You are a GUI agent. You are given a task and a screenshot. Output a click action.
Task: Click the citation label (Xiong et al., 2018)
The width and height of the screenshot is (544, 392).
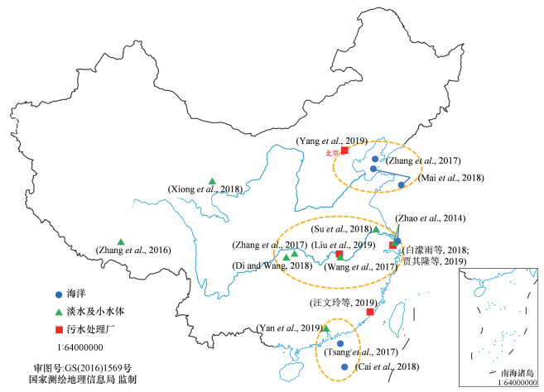tap(205, 189)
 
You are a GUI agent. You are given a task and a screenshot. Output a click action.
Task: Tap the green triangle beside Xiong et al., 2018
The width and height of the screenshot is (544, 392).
tap(213, 181)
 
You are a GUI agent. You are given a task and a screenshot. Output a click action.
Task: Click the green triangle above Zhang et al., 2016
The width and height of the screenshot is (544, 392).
tap(121, 241)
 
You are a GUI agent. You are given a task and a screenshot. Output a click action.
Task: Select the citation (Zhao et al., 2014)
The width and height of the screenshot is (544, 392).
tap(432, 218)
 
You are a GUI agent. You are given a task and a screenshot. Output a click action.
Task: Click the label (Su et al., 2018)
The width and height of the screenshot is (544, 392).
tap(342, 228)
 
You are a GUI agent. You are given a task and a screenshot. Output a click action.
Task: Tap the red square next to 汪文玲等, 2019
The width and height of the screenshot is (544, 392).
tap(370, 312)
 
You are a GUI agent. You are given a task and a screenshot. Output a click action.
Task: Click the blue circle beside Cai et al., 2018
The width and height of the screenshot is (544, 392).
tap(344, 366)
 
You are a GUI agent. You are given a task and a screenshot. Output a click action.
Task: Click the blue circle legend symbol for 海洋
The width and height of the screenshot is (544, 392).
tap(58, 294)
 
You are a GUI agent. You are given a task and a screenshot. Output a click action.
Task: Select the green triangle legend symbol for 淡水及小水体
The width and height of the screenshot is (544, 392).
tap(58, 312)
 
